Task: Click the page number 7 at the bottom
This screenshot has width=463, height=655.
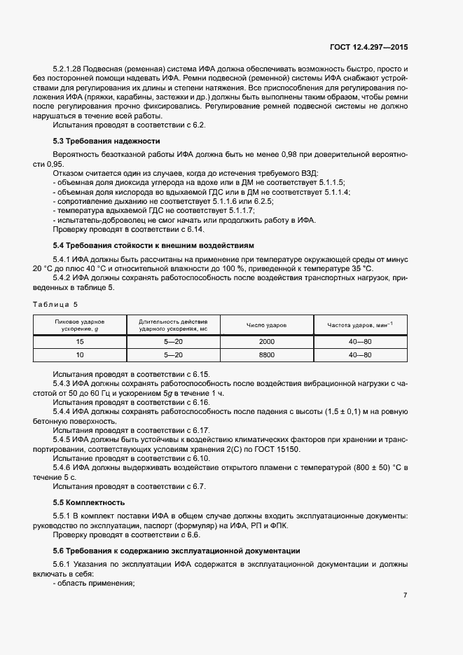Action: tap(405, 595)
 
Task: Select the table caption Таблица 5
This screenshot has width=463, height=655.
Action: tap(56, 304)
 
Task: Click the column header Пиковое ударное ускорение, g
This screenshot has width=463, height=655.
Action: tap(79, 324)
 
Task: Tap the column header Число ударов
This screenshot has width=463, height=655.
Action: tap(266, 324)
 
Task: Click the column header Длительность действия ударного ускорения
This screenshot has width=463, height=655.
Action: tap(173, 324)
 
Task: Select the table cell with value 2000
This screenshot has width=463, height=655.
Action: tap(266, 342)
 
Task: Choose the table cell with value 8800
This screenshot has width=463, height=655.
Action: tap(266, 355)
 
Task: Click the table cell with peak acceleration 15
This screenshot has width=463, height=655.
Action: tap(79, 342)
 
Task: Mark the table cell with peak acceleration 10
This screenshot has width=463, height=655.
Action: tap(79, 355)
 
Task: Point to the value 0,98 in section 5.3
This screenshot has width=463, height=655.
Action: tap(289, 152)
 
